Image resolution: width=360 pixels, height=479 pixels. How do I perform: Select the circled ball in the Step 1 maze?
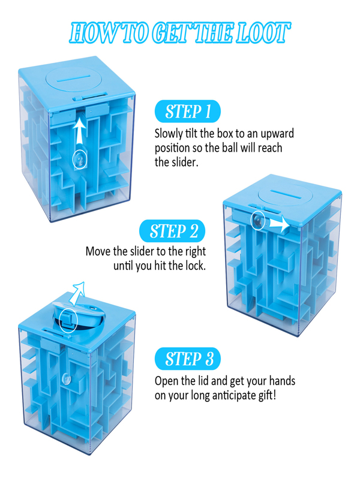[x=79, y=159]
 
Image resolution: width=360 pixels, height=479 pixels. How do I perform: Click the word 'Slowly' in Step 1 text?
[x=170, y=134]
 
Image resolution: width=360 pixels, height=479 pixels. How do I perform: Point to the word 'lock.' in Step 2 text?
[x=191, y=265]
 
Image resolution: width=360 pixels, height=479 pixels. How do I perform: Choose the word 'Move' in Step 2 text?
[x=99, y=251]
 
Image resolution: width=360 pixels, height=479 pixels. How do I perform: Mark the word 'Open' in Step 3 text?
[x=168, y=381]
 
